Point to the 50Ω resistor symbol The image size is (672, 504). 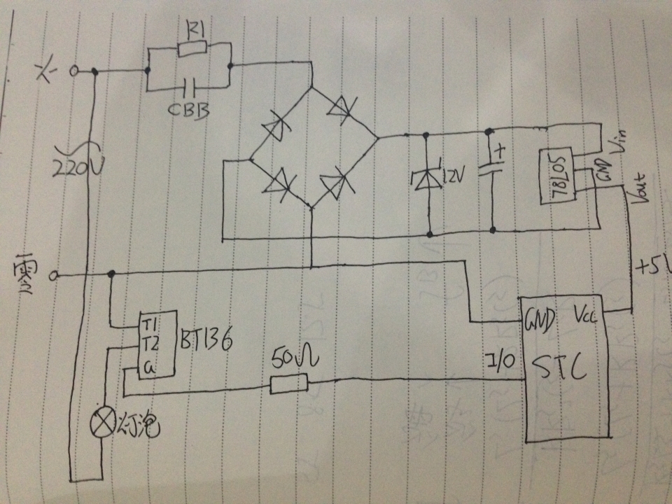pos(288,384)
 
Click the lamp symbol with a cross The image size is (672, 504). pos(104,423)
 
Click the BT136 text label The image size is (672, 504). pos(202,341)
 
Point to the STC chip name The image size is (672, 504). pos(560,368)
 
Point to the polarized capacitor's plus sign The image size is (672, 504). pos(498,150)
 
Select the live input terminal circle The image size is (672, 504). pos(73,71)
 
